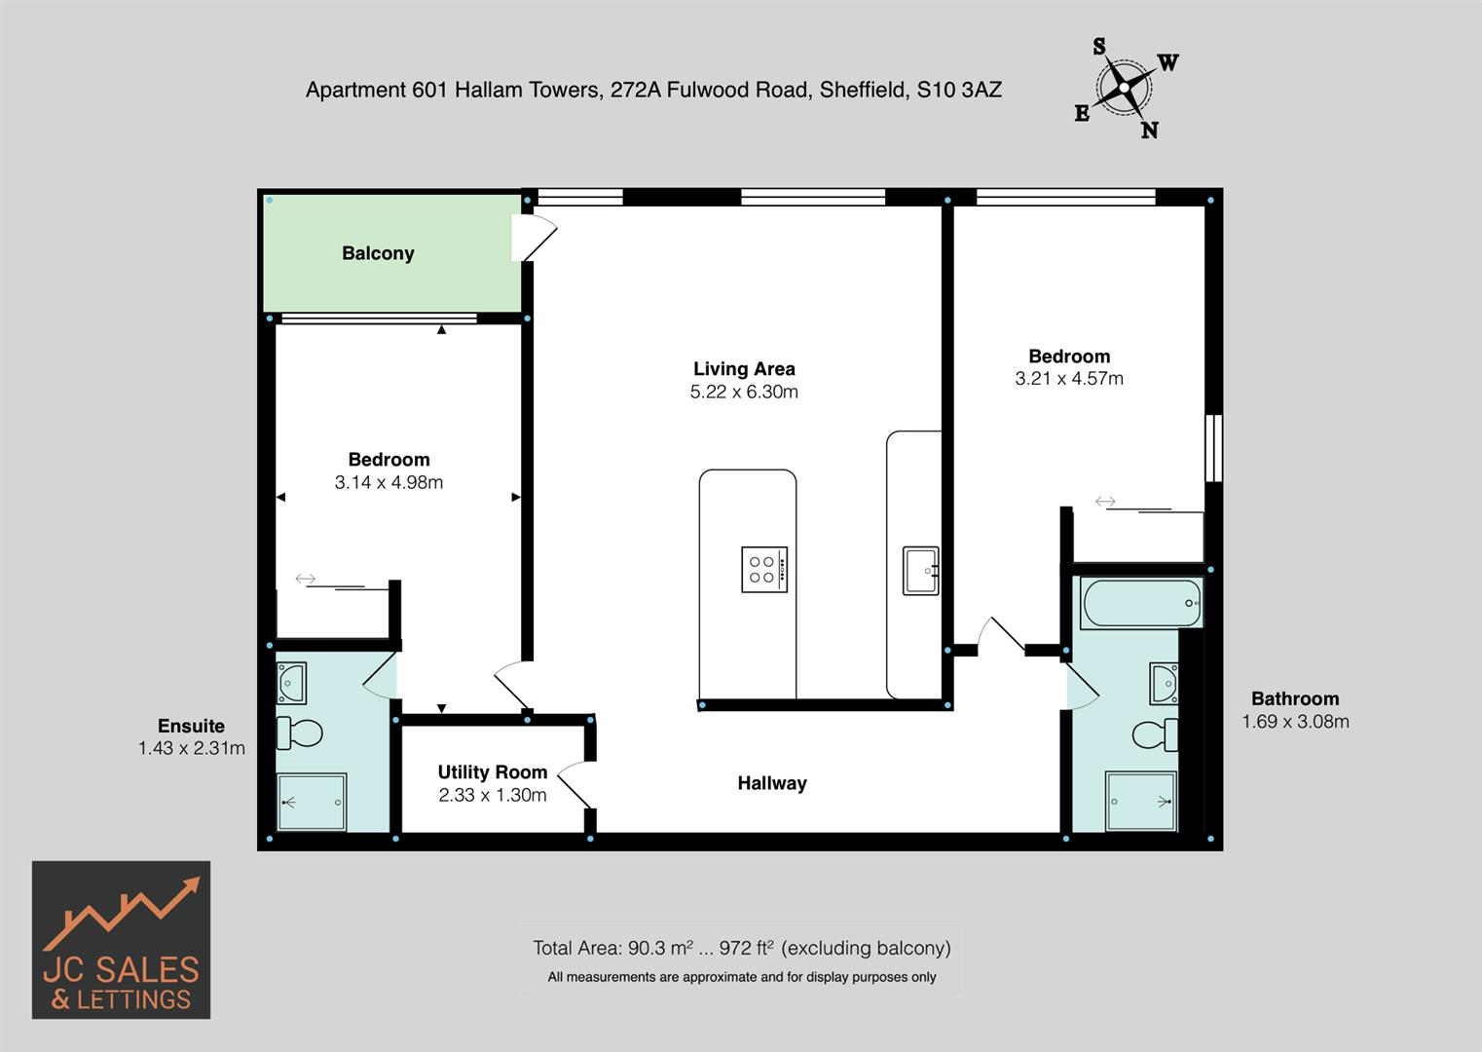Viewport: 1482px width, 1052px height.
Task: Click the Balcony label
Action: pyautogui.click(x=378, y=253)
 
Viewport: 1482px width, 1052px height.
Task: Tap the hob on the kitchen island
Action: pyautogui.click(x=764, y=570)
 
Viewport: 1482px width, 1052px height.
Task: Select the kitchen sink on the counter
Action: pyautogui.click(x=920, y=570)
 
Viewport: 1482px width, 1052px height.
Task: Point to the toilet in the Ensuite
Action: pyautogui.click(x=301, y=733)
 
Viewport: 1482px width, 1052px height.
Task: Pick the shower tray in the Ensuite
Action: pyautogui.click(x=312, y=803)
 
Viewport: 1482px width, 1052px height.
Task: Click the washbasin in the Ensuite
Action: pyautogui.click(x=291, y=683)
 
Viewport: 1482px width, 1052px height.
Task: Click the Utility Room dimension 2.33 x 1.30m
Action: pyautogui.click(x=492, y=795)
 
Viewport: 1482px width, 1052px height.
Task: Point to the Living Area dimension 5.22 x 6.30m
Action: pyautogui.click(x=744, y=392)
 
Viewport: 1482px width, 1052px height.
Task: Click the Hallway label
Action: pyautogui.click(x=772, y=783)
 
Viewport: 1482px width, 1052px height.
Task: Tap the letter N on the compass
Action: pyautogui.click(x=1150, y=131)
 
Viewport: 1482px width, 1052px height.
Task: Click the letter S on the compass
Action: pyautogui.click(x=1099, y=47)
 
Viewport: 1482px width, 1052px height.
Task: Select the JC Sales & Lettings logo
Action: pyautogui.click(x=121, y=940)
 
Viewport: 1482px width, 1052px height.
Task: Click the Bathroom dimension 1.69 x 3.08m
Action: pyautogui.click(x=1295, y=722)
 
